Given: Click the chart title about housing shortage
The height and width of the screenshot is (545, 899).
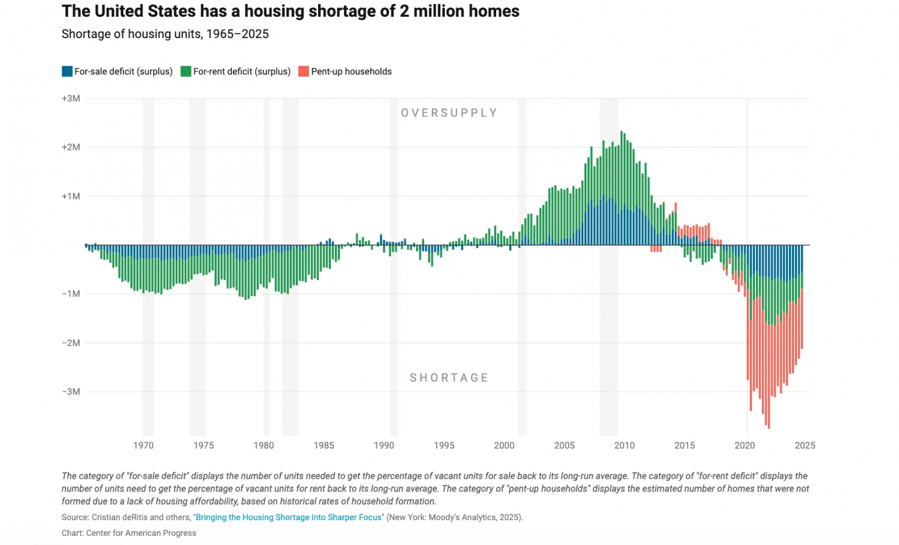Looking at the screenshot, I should click(290, 12).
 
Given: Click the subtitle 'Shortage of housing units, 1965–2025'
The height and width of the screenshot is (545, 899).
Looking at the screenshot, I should click(165, 34).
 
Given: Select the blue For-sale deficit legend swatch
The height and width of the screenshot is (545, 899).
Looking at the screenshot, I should click(67, 72).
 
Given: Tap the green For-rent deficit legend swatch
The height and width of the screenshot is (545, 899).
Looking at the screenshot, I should click(186, 72).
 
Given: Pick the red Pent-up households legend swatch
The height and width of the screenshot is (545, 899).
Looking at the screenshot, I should click(304, 72).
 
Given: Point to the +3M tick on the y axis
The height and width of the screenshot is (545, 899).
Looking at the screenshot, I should click(71, 99).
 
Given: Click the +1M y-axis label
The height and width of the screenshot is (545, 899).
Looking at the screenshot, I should click(71, 197).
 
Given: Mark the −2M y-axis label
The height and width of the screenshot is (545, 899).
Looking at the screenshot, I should click(71, 343).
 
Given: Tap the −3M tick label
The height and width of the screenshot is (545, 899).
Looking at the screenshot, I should click(71, 392).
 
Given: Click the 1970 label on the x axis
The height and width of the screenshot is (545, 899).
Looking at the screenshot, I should click(143, 446).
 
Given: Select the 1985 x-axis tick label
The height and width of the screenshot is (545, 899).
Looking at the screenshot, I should click(324, 446).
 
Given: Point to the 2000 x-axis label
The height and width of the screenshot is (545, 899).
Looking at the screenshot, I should click(504, 446).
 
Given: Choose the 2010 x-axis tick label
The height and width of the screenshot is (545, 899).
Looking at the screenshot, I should click(624, 446).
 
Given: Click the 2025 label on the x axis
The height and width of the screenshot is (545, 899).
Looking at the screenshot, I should click(804, 446).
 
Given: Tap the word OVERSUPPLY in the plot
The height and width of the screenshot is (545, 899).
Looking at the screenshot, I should click(449, 113).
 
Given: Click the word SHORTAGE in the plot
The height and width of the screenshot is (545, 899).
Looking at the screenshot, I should click(449, 378).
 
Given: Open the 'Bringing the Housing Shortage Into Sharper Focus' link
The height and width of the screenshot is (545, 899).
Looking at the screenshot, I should click(288, 517).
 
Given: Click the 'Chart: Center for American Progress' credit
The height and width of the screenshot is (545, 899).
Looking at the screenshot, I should click(129, 533).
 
